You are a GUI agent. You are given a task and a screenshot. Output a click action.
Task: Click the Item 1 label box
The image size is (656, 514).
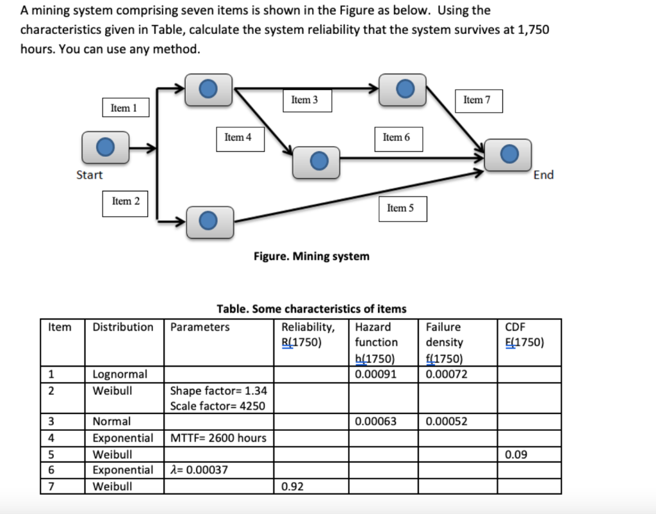point(125,108)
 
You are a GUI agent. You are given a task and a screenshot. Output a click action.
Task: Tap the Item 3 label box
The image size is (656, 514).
point(304,100)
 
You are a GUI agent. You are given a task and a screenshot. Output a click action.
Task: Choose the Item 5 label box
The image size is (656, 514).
point(400,208)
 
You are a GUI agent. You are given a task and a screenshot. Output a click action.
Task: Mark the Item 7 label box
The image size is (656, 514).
point(477,100)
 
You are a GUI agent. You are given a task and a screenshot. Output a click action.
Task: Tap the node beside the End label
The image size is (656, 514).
point(507,154)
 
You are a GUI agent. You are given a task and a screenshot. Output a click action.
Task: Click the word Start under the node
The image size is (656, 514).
point(89,175)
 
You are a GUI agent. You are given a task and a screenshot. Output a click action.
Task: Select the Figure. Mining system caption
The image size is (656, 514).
point(311,257)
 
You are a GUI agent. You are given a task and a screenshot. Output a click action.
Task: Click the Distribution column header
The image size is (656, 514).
point(123,327)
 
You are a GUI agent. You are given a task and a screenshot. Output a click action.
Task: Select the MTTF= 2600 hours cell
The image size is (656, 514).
point(218,438)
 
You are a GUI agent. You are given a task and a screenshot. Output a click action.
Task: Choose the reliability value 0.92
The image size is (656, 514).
point(293,486)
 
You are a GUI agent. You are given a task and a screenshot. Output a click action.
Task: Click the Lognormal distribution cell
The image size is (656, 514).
point(120,374)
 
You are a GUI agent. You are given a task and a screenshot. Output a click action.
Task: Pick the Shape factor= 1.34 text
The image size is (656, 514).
point(218,390)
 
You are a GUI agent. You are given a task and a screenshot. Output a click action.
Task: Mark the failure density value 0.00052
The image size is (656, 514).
point(447,421)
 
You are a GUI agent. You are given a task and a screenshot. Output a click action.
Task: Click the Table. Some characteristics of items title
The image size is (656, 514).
point(311,309)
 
